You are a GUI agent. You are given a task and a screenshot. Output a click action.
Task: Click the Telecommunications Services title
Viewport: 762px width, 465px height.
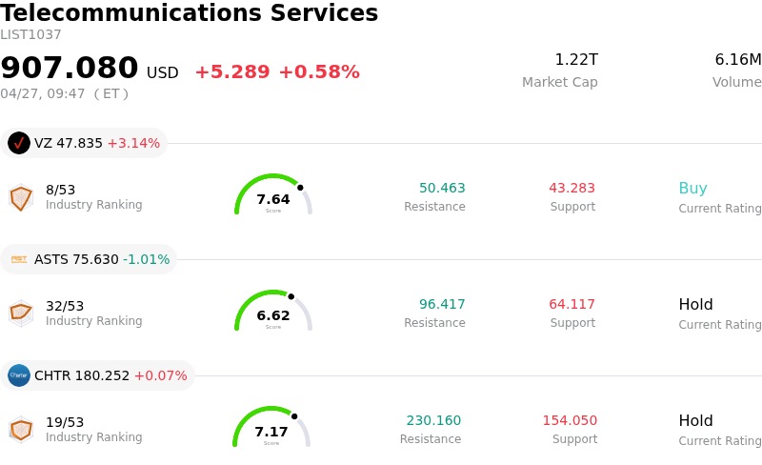coord(190,14)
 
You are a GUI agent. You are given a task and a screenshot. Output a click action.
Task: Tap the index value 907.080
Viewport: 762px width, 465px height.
coord(70,69)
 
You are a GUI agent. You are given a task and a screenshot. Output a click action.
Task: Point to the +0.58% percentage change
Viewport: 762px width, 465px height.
coord(318,72)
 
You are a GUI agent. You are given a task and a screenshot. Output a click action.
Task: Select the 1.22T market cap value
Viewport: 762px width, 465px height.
coord(576,60)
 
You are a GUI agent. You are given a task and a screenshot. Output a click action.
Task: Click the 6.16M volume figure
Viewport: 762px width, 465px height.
coord(737,60)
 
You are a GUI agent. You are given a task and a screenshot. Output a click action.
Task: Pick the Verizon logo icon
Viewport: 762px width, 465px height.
coord(19,143)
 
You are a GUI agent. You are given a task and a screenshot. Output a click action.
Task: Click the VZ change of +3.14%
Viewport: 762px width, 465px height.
coord(133,143)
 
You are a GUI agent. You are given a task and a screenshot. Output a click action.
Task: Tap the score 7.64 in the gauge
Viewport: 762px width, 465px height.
coord(273,199)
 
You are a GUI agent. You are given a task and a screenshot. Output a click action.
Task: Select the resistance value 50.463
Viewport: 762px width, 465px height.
coord(442,189)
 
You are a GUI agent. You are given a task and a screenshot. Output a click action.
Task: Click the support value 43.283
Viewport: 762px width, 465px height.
coord(571,189)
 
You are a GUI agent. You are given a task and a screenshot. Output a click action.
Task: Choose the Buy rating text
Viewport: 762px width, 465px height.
coord(692,189)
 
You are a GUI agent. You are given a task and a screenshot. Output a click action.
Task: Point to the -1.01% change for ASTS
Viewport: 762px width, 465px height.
coord(147,259)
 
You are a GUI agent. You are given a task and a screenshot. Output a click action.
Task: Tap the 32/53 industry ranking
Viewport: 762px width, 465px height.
coord(65,306)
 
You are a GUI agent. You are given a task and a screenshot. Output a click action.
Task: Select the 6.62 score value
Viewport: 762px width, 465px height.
coord(273,315)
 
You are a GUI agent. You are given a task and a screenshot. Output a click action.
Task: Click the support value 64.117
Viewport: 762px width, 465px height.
coord(571,305)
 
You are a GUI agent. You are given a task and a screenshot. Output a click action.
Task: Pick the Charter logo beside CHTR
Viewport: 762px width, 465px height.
coord(19,375)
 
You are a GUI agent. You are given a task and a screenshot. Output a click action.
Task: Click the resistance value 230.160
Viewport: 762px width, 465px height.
coord(433,421)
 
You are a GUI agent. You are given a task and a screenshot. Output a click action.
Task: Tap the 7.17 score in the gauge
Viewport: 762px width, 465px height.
coord(271,432)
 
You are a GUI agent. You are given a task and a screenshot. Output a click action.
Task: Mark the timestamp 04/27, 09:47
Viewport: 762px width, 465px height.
coord(43,93)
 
